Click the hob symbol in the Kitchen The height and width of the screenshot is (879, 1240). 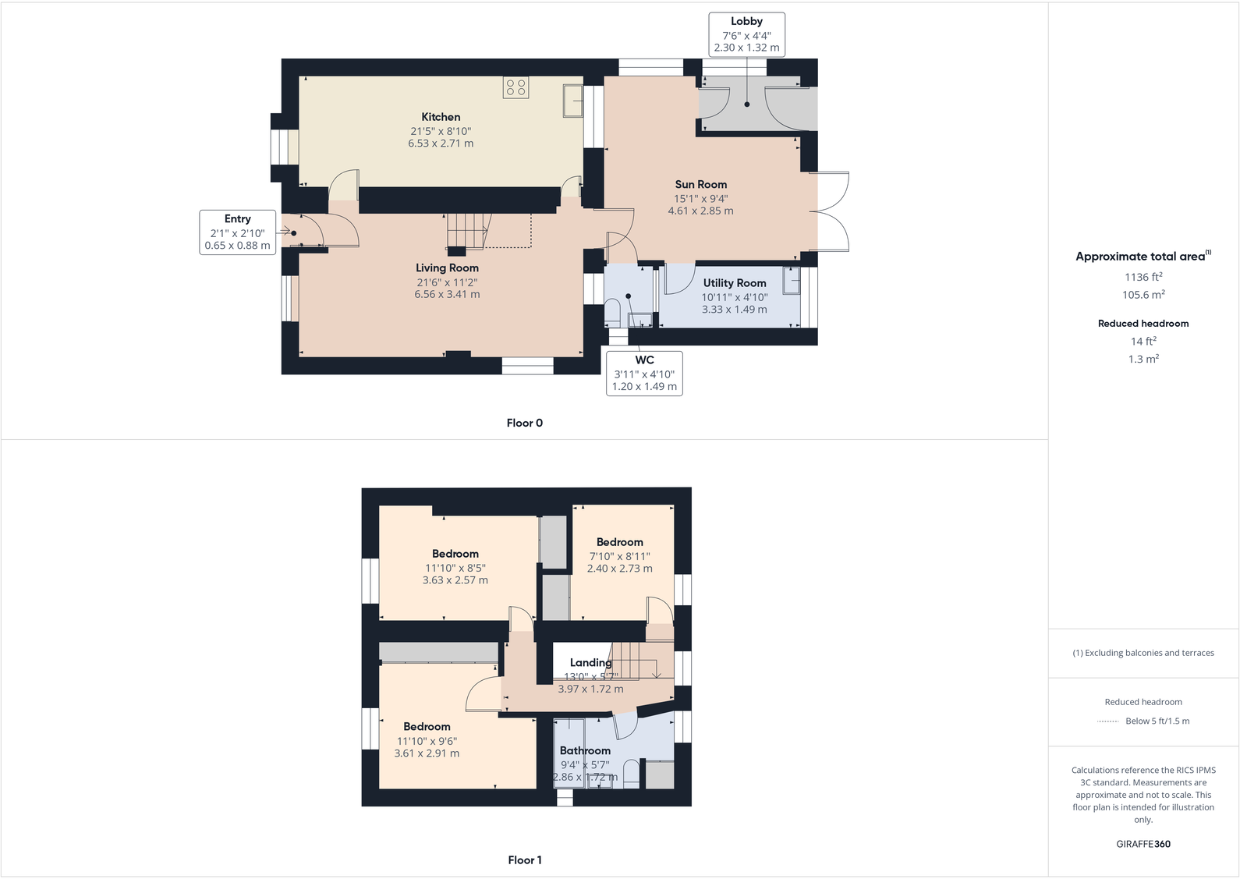515,87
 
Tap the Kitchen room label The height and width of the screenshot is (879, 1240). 441,117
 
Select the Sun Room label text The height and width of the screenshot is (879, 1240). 700,185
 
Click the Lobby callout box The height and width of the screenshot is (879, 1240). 746,34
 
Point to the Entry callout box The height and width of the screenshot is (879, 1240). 237,232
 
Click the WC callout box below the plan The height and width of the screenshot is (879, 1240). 644,373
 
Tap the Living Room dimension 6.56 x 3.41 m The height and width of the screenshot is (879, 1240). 447,294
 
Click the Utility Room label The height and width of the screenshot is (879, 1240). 735,283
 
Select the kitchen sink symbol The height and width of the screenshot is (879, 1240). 572,101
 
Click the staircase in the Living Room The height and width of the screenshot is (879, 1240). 467,231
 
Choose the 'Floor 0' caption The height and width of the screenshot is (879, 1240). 524,423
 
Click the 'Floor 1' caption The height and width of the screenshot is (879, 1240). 524,860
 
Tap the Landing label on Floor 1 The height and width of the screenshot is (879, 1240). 590,663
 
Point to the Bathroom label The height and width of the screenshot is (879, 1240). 585,751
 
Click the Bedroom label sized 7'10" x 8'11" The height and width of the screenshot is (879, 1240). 619,542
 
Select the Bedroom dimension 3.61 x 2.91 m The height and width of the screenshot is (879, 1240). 427,753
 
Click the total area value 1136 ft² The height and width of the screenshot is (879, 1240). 1143,277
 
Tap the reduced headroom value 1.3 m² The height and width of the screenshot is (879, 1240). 1143,359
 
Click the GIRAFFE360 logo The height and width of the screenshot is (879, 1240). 1143,844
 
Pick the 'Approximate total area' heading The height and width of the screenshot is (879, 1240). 1140,257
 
